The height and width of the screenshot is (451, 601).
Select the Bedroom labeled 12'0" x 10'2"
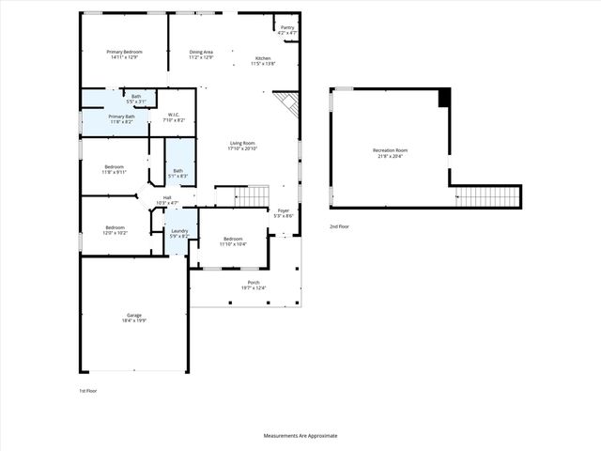coord(116,229)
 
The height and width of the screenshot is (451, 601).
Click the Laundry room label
coord(178,233)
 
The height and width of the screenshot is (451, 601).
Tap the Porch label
coord(253,285)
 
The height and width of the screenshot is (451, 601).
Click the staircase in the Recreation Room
coord(487,196)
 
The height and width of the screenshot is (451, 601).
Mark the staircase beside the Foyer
coord(252,196)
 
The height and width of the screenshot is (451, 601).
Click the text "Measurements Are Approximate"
coord(300,436)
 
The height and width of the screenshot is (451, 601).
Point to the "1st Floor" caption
coord(88,390)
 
